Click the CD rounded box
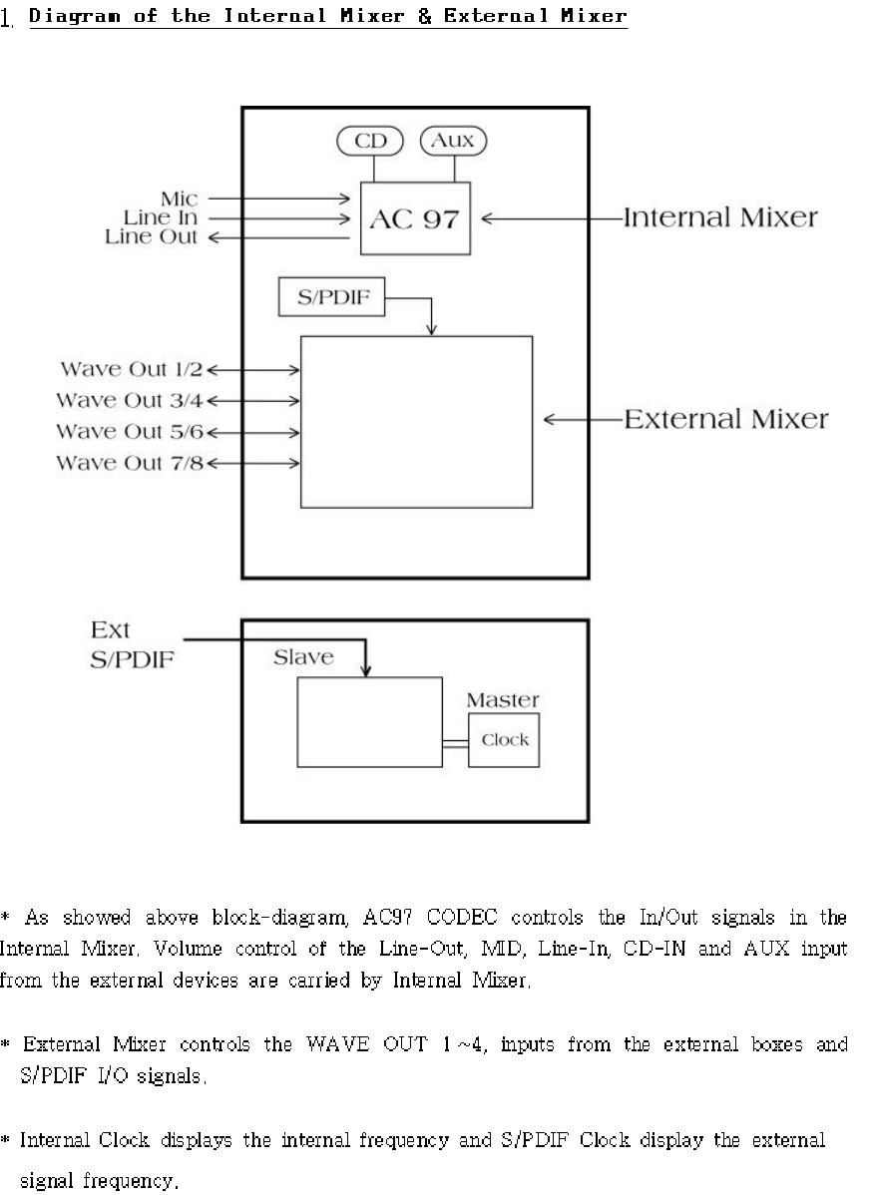368,142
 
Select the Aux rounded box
452,142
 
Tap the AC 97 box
415,218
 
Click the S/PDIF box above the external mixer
330,298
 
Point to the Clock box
505,740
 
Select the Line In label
160,217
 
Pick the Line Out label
152,236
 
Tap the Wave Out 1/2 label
131,370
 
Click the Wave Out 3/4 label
129,401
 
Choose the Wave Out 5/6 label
129,432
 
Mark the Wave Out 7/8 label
129,463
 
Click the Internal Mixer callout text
720,217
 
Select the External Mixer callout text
725,419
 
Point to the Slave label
304,658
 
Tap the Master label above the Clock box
503,700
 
